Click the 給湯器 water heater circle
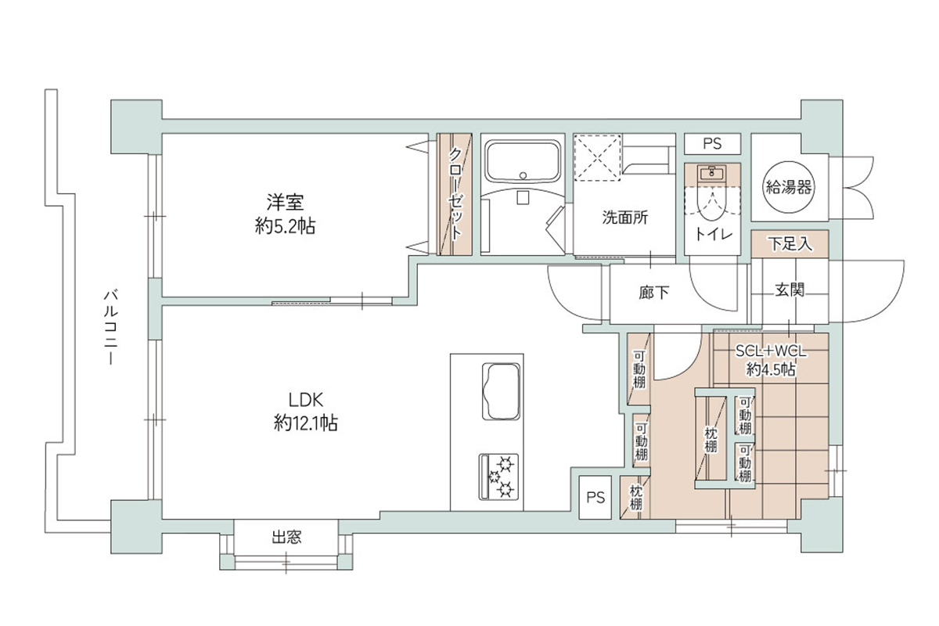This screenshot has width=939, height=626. click(788, 186)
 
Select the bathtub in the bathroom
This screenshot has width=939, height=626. click(523, 162)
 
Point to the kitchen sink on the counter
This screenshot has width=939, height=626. click(501, 391)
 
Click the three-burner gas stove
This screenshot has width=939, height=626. click(499, 477)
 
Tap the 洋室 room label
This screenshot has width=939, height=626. click(285, 202)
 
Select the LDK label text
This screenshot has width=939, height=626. click(306, 400)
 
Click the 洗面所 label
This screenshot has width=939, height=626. click(625, 218)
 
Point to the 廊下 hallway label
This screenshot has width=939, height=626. click(654, 293)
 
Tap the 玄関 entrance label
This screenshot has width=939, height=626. click(790, 290)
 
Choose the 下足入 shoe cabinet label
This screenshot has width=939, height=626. click(790, 243)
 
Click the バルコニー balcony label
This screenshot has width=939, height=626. click(111, 327)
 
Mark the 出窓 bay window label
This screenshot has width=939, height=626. click(286, 537)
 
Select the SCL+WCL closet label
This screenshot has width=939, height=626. click(771, 351)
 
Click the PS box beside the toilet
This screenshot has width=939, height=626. click(712, 144)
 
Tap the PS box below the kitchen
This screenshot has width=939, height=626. click(595, 497)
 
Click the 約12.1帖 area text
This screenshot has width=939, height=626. click(306, 423)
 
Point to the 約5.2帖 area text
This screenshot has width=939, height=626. click(285, 226)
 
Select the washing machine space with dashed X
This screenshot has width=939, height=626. click(597, 157)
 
